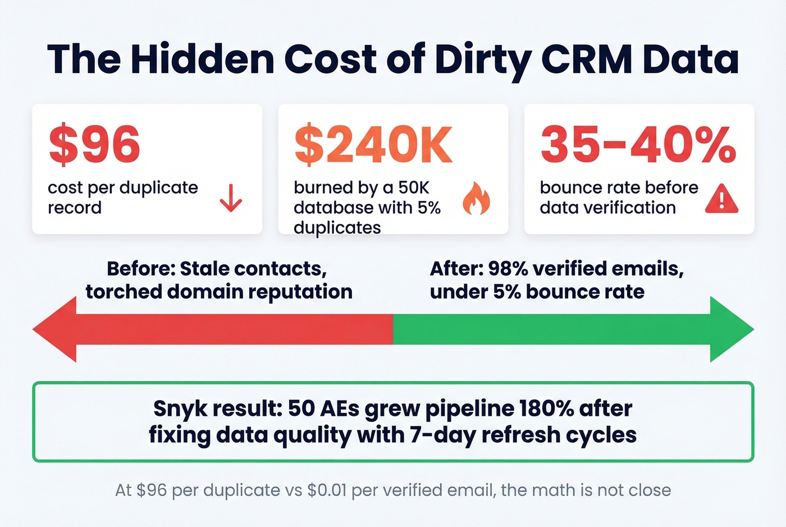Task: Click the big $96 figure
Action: (94, 145)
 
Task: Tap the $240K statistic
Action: (373, 145)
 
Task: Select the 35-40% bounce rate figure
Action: (638, 145)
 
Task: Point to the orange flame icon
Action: (476, 199)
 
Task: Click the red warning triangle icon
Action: (721, 200)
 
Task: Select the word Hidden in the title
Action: (203, 58)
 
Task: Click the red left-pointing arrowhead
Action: (56, 329)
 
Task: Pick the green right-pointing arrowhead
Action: (730, 329)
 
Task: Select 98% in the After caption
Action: (508, 269)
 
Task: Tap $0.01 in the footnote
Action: (327, 490)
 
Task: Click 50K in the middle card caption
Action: (413, 187)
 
